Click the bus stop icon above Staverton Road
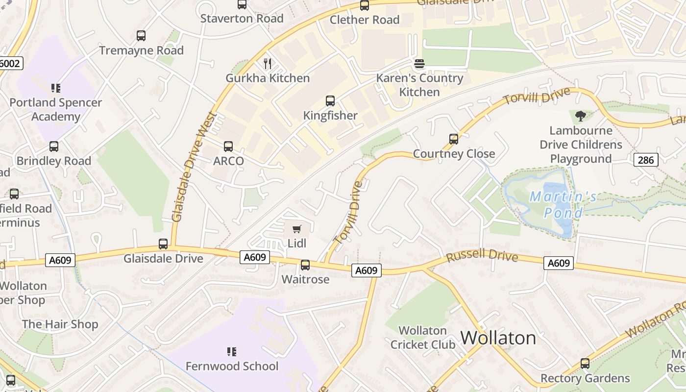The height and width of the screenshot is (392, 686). [x=242, y=4]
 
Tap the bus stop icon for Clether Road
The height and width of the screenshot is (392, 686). [x=365, y=5]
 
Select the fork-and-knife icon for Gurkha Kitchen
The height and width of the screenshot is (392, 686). [x=268, y=64]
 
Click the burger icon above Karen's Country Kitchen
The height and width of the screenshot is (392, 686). [x=419, y=64]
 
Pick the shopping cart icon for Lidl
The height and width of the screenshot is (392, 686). [x=296, y=229]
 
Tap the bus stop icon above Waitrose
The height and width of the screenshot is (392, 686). [x=305, y=265]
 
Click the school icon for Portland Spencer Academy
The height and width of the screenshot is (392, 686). [x=56, y=88]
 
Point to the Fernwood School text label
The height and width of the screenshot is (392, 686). [x=232, y=366]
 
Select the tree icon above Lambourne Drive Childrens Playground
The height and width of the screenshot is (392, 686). [x=581, y=116]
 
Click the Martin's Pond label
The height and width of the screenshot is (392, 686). [x=563, y=205]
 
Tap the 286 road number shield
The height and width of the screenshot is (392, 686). [x=645, y=160]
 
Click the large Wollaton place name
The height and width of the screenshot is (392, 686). [x=498, y=338]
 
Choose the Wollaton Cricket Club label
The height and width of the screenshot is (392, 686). [x=422, y=338]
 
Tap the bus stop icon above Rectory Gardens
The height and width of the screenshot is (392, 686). [x=585, y=364]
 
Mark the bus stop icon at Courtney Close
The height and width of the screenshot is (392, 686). [x=454, y=139]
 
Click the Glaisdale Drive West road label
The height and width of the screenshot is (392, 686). [x=194, y=167]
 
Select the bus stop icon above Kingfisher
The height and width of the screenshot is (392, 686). [x=330, y=101]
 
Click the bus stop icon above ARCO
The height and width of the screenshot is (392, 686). [x=228, y=146]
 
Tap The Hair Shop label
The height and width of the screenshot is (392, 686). [x=60, y=324]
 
